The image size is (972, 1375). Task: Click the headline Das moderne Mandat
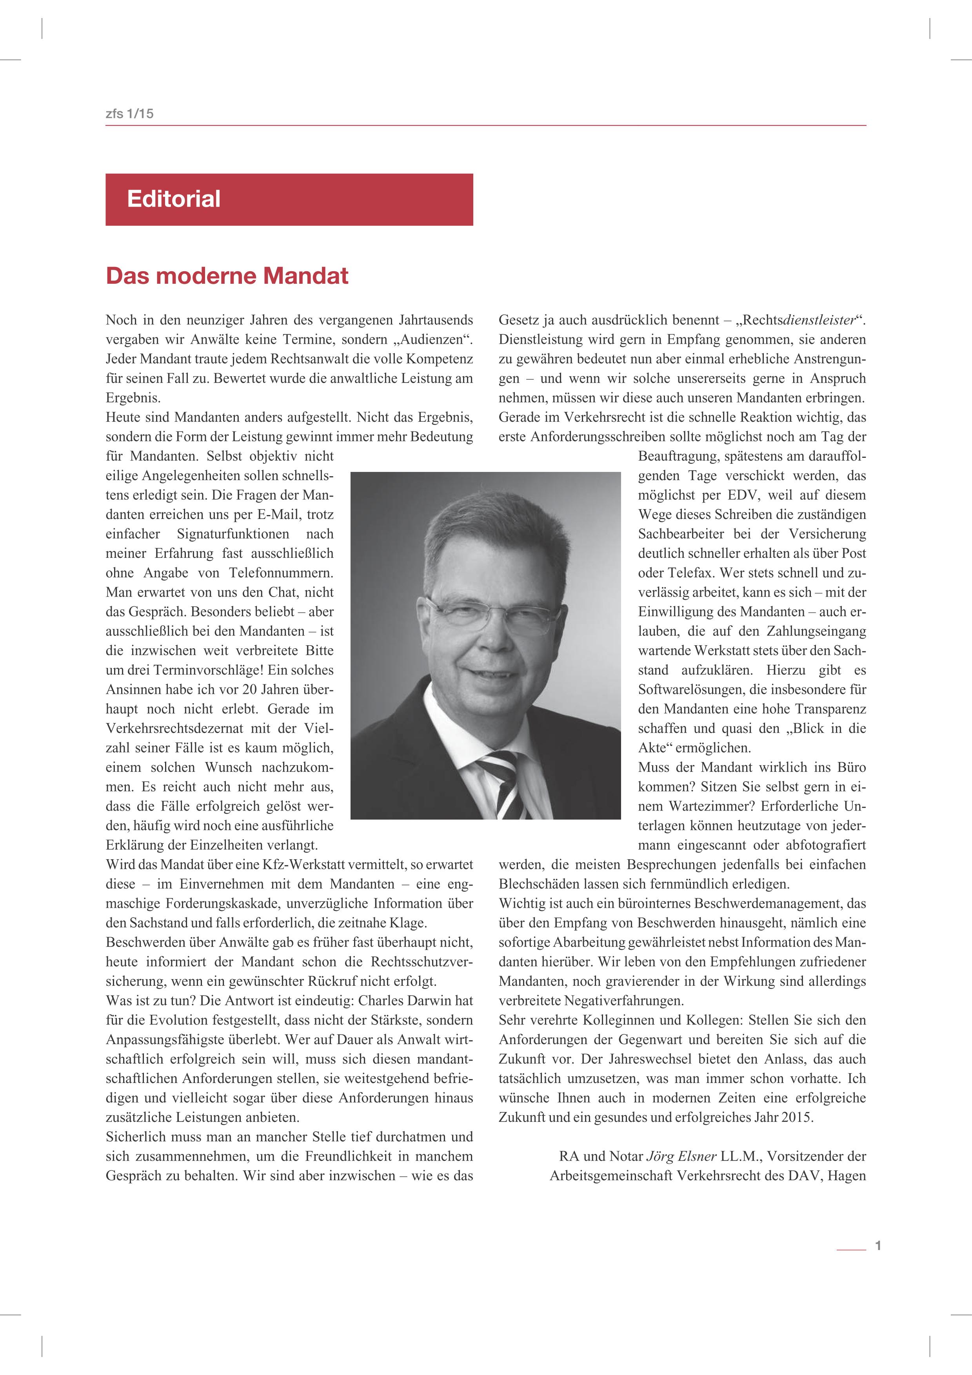coord(227,276)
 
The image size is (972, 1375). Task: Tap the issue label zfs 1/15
coord(129,113)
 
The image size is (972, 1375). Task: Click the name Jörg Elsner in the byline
coord(681,1156)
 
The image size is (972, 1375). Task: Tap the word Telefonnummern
coord(281,573)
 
